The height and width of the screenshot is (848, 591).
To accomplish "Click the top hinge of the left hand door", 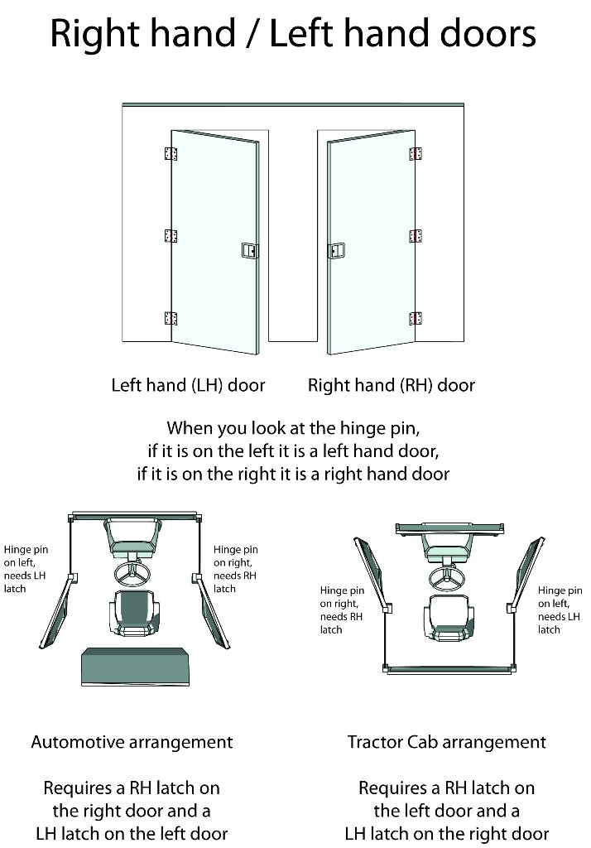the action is click(x=171, y=153).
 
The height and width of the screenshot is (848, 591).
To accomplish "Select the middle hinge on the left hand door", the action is click(x=171, y=236).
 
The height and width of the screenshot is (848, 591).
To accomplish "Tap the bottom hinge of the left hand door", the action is click(x=171, y=318).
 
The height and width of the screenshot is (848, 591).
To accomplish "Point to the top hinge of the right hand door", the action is click(x=416, y=153).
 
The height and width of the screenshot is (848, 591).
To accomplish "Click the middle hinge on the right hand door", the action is click(x=416, y=236).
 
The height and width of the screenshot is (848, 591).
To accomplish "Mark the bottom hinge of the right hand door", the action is click(x=416, y=318).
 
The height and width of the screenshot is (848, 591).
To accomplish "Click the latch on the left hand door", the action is click(x=249, y=250).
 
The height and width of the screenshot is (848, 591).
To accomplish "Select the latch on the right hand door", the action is click(x=336, y=251).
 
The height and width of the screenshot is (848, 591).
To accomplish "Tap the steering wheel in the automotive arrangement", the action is click(x=132, y=573).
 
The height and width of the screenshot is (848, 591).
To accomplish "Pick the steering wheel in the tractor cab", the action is click(x=447, y=577).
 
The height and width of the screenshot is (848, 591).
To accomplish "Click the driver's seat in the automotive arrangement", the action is click(x=134, y=612).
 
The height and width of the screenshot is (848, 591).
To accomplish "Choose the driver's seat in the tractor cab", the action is click(x=449, y=618).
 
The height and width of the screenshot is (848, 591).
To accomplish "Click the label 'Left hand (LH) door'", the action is click(x=188, y=385).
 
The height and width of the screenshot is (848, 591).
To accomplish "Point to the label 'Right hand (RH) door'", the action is click(x=392, y=385).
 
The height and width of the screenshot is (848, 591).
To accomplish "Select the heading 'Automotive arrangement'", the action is click(x=132, y=742).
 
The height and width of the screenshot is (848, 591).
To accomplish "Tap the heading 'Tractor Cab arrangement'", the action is click(x=447, y=742).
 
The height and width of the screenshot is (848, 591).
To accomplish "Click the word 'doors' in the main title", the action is click(x=488, y=33).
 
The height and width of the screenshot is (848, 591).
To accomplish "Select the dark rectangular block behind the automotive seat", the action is click(x=135, y=667).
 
